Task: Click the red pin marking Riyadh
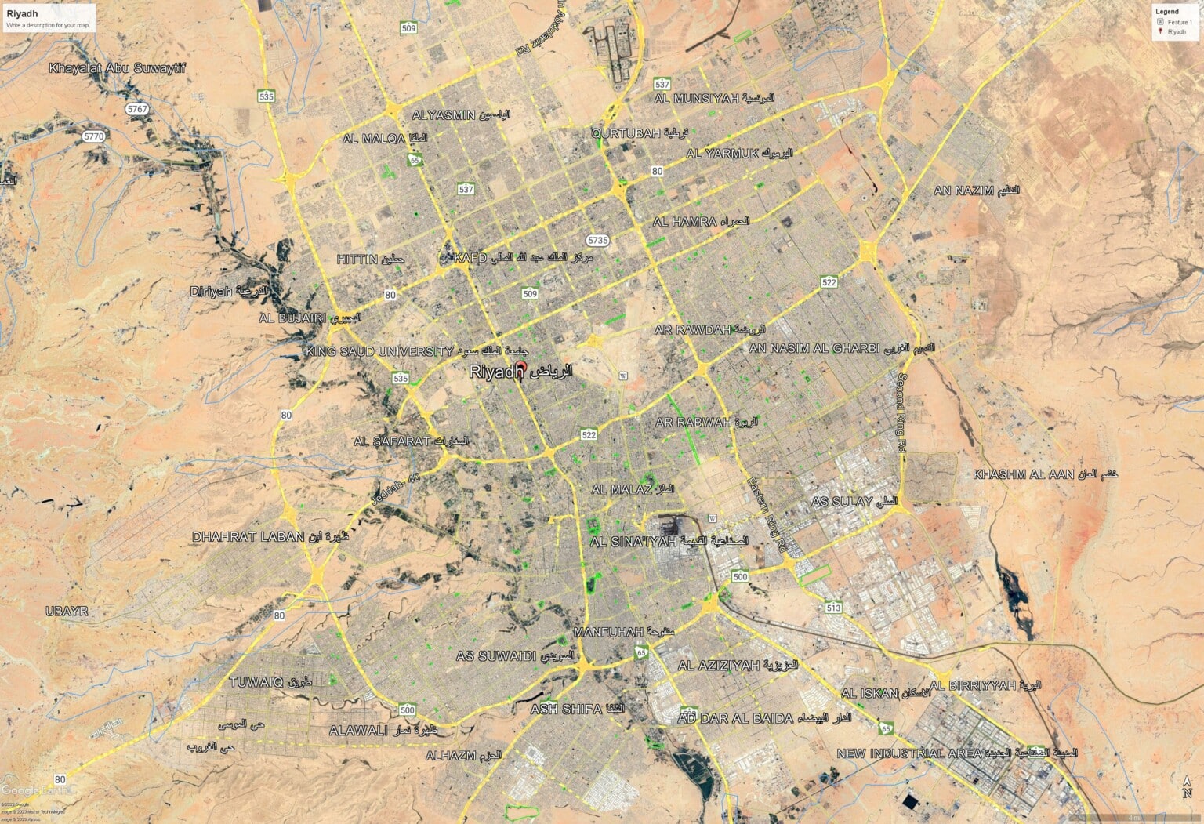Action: (521, 369)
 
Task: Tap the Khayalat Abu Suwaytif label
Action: (118, 68)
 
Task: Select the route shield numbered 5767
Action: (137, 109)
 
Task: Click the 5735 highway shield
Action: (597, 240)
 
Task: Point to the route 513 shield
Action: (833, 608)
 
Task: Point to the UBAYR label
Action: (67, 611)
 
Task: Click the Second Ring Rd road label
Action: (901, 412)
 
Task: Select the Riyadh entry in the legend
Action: (1176, 32)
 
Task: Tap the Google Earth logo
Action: (35, 790)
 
